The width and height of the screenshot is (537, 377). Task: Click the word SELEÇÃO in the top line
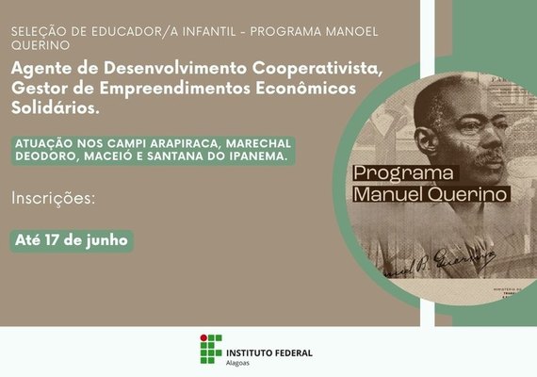tap(36, 32)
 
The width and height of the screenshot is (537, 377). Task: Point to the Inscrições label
tap(55, 199)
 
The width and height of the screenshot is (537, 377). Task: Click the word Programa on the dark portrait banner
tap(402, 173)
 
